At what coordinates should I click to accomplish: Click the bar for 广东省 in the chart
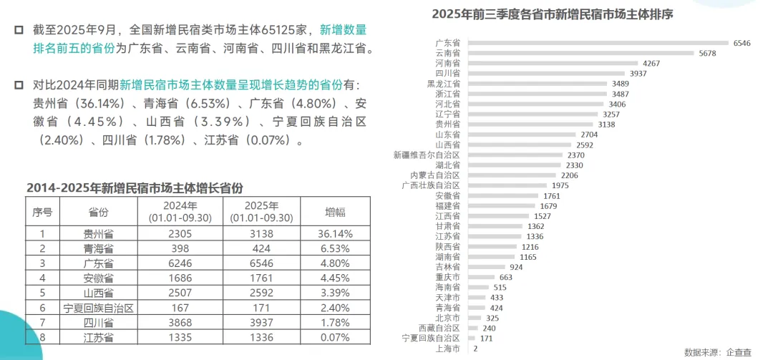point(598,43)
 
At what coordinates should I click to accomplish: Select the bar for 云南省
point(580,53)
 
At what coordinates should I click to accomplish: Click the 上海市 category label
point(448,349)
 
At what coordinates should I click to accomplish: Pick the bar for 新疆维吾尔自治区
point(515,155)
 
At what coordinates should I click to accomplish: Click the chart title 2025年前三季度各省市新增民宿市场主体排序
point(553,14)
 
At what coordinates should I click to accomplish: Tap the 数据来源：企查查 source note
point(718,352)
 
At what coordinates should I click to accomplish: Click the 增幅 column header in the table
point(335,212)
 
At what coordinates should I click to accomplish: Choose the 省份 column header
point(98,212)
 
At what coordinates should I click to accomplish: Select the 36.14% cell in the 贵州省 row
point(335,234)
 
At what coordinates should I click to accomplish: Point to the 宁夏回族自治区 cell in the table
point(99,308)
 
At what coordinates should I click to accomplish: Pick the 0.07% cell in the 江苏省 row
point(335,338)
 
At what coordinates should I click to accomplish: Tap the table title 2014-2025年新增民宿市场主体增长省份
point(135,188)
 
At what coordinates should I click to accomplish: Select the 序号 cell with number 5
point(42,293)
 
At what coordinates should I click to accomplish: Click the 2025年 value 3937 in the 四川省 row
point(261,323)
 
